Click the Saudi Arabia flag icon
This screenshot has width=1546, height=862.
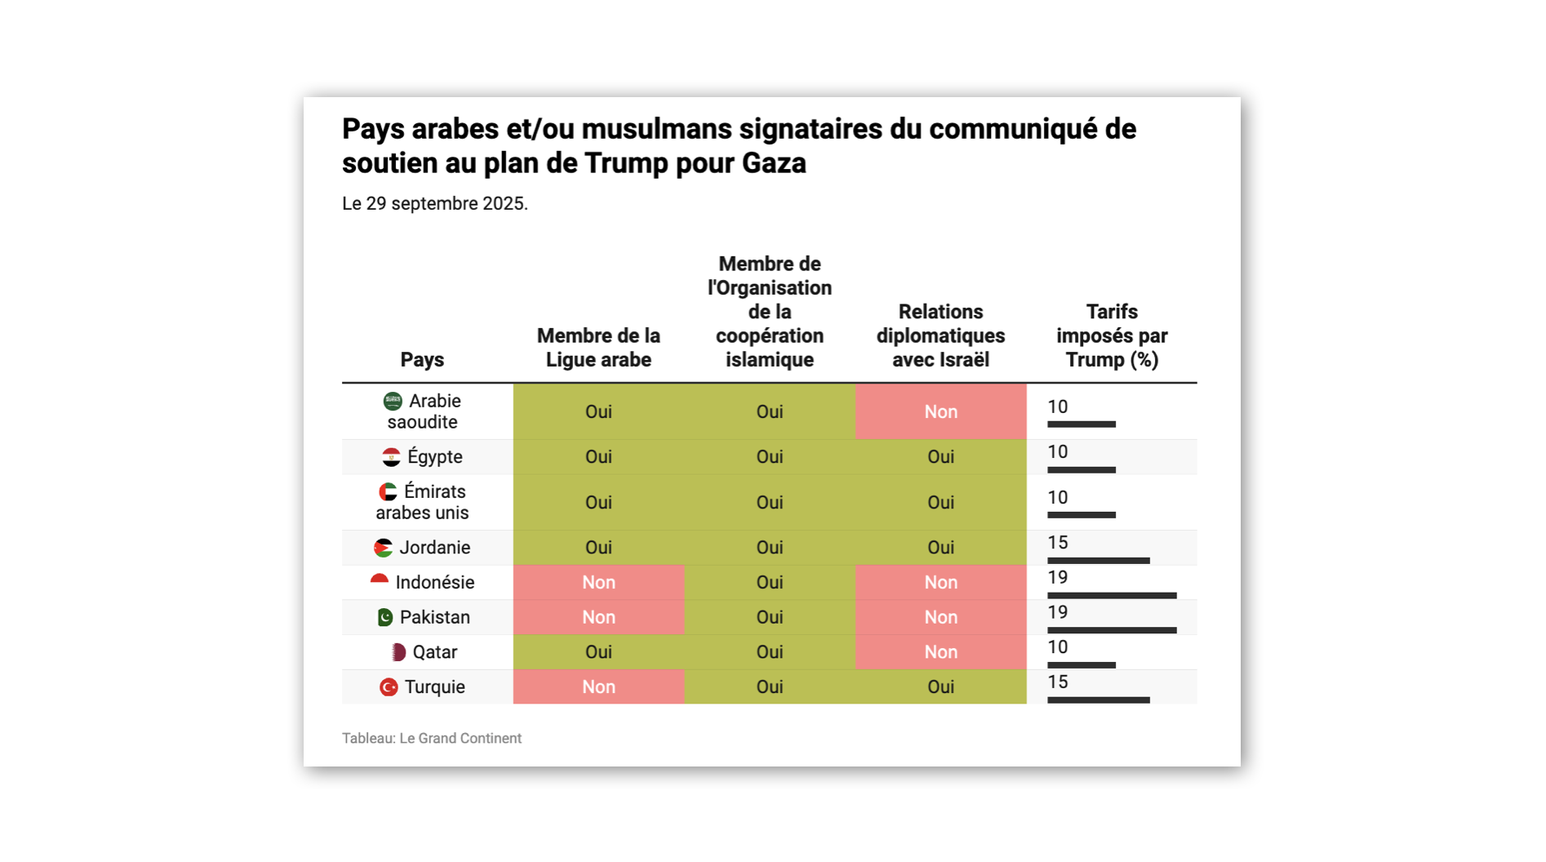pyautogui.click(x=393, y=401)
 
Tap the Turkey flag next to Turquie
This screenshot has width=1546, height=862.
pyautogui.click(x=389, y=687)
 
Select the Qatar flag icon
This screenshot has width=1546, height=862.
pyautogui.click(x=398, y=652)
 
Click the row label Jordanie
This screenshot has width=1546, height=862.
pyautogui.click(x=434, y=548)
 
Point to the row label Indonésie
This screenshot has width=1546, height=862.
pyautogui.click(x=434, y=583)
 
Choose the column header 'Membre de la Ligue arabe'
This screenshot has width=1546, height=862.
pyautogui.click(x=598, y=348)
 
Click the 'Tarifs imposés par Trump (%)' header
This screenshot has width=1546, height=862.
pyautogui.click(x=1112, y=335)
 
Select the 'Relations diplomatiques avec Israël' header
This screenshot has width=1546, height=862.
pyautogui.click(x=940, y=335)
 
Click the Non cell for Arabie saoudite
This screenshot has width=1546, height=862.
pyautogui.click(x=940, y=412)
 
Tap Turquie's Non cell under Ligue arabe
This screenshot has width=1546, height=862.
pyautogui.click(x=598, y=687)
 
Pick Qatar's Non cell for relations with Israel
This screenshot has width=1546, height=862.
pyautogui.click(x=940, y=652)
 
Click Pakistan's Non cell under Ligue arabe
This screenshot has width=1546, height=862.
pyautogui.click(x=598, y=618)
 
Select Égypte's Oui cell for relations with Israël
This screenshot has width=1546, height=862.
pyautogui.click(x=940, y=457)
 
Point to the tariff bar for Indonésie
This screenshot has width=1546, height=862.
pyautogui.click(x=1112, y=596)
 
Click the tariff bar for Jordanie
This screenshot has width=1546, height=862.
pyautogui.click(x=1098, y=561)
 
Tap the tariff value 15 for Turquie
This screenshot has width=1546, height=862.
pyautogui.click(x=1058, y=682)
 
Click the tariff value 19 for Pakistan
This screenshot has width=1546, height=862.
pyautogui.click(x=1058, y=613)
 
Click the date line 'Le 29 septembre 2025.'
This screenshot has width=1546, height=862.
pyautogui.click(x=434, y=204)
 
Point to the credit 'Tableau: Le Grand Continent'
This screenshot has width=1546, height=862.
pyautogui.click(x=431, y=739)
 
